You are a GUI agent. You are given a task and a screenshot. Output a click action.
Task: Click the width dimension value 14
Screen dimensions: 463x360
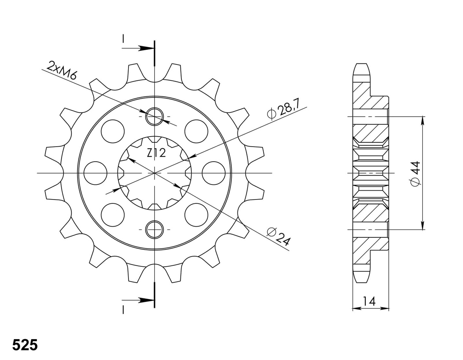click(370, 302)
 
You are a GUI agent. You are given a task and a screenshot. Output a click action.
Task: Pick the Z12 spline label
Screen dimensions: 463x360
click(156, 153)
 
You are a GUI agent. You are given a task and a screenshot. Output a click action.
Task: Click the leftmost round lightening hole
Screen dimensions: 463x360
click(95, 173)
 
